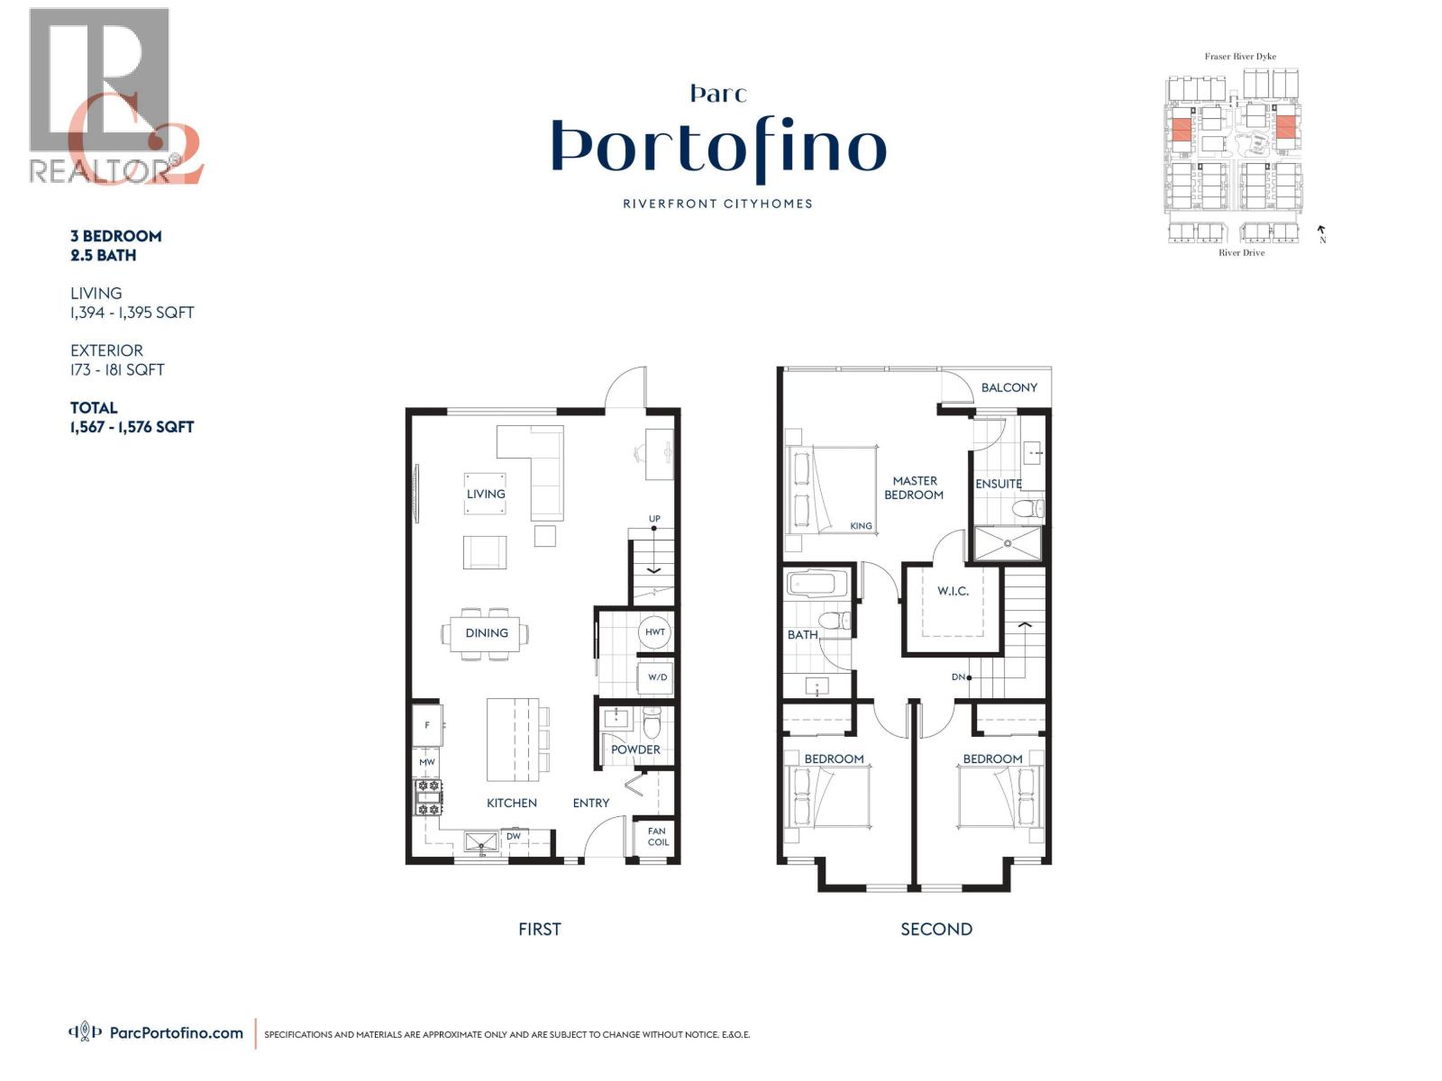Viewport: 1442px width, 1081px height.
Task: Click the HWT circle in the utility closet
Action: point(655,631)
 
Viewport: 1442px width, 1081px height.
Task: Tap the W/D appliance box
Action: point(657,677)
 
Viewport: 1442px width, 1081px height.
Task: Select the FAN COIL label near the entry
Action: point(658,837)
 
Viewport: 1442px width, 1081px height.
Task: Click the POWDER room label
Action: point(635,749)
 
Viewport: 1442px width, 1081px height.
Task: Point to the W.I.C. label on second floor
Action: point(953,591)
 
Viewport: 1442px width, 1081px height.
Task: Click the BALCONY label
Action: point(1009,387)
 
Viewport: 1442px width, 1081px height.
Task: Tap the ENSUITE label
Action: point(999,484)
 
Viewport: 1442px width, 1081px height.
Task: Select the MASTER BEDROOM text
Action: point(914,487)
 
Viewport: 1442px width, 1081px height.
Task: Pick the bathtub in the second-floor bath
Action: point(817,583)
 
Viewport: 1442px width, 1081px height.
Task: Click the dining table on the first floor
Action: point(487,633)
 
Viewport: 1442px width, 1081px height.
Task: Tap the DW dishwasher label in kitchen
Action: point(514,837)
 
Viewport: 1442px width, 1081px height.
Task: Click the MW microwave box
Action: point(427,762)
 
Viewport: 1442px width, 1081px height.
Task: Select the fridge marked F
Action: point(427,725)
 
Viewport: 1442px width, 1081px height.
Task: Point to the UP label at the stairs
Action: point(654,519)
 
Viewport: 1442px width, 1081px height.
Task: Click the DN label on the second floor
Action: point(958,677)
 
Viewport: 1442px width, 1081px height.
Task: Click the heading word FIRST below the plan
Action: point(539,929)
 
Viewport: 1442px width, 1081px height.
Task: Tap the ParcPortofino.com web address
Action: point(176,1033)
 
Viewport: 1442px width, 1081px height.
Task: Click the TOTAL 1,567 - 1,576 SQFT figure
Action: point(132,427)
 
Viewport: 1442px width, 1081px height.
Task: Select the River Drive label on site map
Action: point(1241,253)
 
